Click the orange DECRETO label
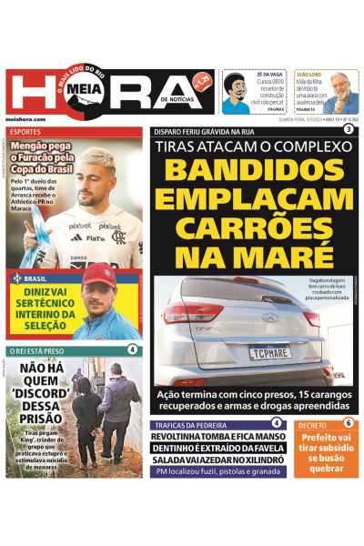click(x=312, y=424)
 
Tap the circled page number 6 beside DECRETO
click(x=349, y=423)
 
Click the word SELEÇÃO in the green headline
click(x=44, y=323)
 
